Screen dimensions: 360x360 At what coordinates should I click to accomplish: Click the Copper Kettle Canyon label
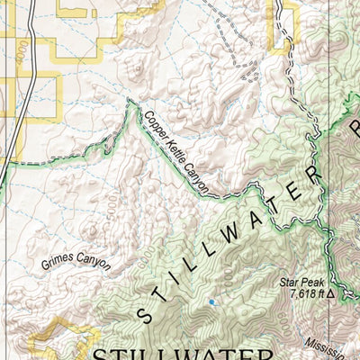tap(176, 152)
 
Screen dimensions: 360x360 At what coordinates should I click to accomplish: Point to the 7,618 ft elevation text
tap(306, 293)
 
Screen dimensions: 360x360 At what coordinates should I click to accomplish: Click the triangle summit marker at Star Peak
tap(331, 293)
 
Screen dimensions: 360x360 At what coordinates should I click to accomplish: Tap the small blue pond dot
tap(211, 302)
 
